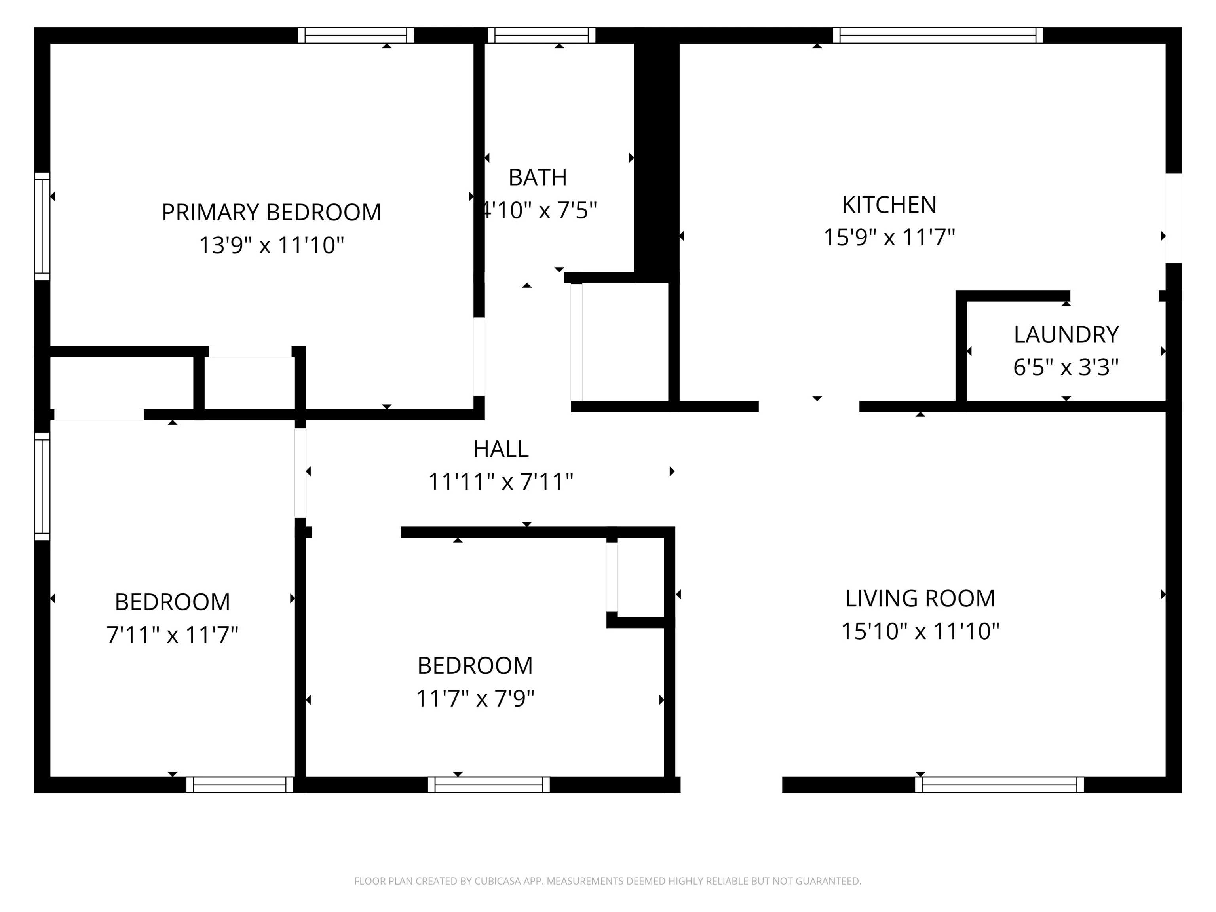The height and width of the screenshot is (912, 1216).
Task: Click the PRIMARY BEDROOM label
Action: [x=271, y=212]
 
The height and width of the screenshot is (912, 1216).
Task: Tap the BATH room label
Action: [x=538, y=178]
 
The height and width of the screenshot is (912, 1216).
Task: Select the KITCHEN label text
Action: [x=889, y=205]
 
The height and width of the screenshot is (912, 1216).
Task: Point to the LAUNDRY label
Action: [x=1066, y=335]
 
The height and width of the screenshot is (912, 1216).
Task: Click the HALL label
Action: [x=501, y=449]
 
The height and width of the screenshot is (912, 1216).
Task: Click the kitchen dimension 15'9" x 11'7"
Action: [x=889, y=237]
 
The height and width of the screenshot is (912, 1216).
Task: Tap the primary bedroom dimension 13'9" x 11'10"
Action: [x=271, y=245]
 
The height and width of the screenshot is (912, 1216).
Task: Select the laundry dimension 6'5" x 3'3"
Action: [x=1066, y=367]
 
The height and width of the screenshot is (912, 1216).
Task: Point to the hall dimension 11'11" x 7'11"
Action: [x=501, y=482]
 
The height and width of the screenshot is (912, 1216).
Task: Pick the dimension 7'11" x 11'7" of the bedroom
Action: [x=172, y=635]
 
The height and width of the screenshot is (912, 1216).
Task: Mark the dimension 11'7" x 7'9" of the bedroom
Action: [x=475, y=699]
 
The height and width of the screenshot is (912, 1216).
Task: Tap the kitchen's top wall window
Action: [x=938, y=35]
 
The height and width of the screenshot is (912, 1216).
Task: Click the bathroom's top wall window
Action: [x=541, y=35]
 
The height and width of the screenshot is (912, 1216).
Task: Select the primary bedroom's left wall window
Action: [x=42, y=226]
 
